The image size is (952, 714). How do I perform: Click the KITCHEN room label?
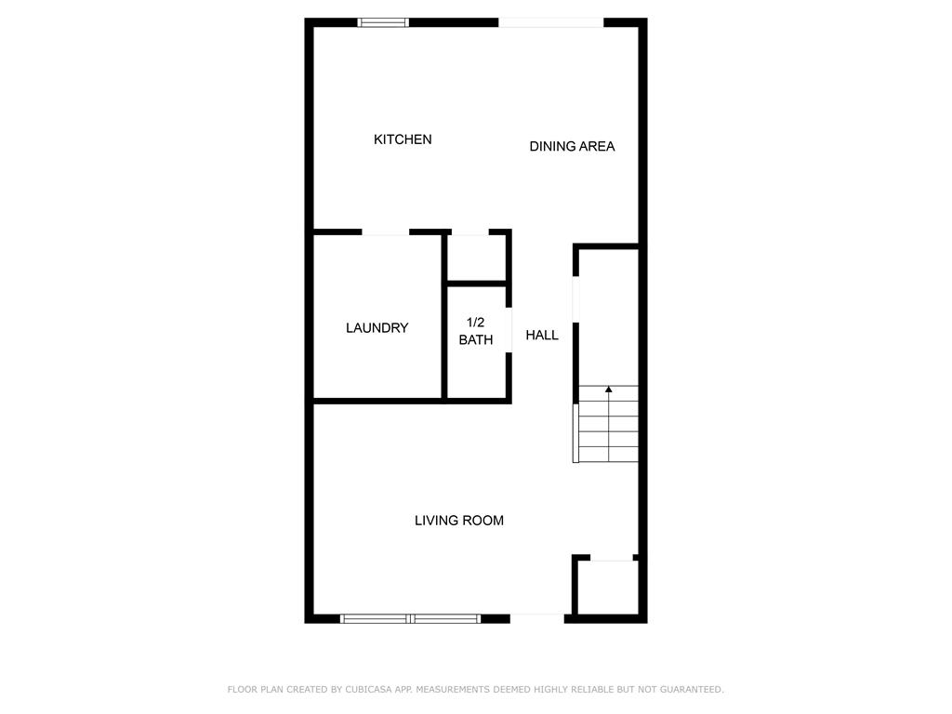[403, 139]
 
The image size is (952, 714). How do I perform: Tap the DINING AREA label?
[572, 146]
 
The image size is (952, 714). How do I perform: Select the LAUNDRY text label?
[377, 328]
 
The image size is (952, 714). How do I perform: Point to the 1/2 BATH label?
[475, 331]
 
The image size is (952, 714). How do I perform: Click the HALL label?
[542, 335]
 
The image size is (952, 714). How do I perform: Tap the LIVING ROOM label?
[459, 521]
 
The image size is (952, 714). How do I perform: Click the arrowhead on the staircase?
[608, 389]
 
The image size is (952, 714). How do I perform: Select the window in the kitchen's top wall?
[382, 23]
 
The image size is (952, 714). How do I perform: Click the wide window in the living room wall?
[410, 618]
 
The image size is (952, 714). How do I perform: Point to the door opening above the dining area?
[550, 23]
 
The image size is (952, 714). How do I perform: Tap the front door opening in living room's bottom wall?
[536, 618]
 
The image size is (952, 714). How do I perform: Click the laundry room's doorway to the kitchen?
[386, 231]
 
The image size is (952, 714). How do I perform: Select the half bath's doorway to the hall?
[509, 330]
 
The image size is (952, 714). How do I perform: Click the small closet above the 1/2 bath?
[477, 258]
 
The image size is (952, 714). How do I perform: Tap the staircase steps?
[608, 424]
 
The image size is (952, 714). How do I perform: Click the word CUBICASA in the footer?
[368, 689]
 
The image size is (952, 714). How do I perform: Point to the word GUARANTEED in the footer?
[692, 689]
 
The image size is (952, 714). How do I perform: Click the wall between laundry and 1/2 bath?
[444, 316]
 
